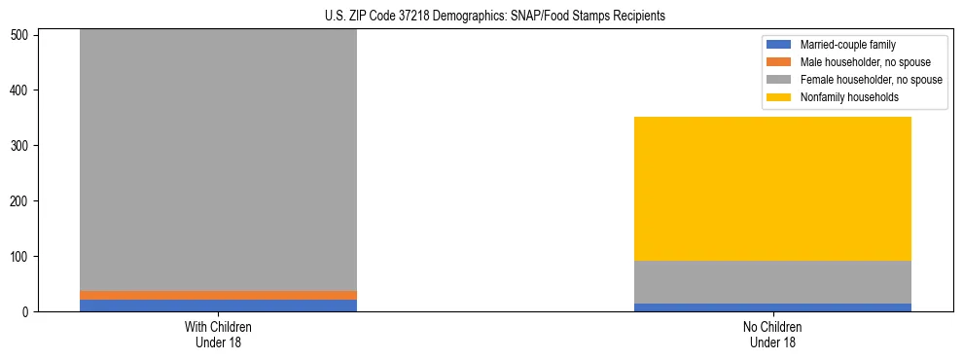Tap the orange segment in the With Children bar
pyautogui.click(x=218, y=295)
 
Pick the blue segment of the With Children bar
pyautogui.click(x=218, y=306)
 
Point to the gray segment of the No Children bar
pyautogui.click(x=772, y=282)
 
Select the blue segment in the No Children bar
pyautogui.click(x=772, y=307)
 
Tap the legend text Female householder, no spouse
pyautogui.click(x=870, y=80)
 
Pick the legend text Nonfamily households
pyautogui.click(x=843, y=97)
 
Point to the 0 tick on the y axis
pyautogui.click(x=29, y=312)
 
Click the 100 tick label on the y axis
pyautogui.click(x=23, y=257)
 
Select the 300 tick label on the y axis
pyautogui.click(x=23, y=146)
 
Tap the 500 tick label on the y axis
pyautogui.click(x=23, y=35)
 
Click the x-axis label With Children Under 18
pyautogui.click(x=218, y=335)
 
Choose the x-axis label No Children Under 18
pyautogui.click(x=772, y=335)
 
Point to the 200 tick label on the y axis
pyautogui.click(x=23, y=201)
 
